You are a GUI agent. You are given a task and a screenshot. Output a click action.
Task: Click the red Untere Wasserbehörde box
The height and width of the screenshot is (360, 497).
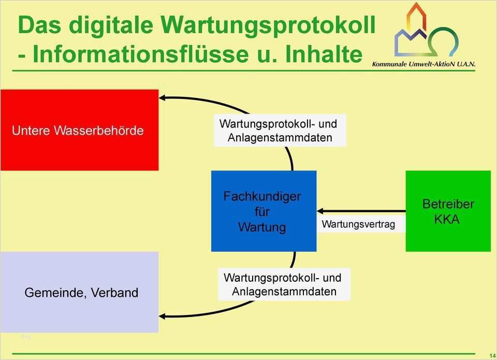pos(79,130)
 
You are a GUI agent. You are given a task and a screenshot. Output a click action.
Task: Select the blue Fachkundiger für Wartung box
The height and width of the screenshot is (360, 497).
pos(264,211)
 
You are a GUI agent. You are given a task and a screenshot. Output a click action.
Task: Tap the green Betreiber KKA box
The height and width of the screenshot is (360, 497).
pos(448,211)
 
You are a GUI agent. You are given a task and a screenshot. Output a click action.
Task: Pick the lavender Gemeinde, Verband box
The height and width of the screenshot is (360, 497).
pos(79,292)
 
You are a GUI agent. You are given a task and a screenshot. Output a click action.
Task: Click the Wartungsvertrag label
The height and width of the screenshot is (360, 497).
pos(358,224)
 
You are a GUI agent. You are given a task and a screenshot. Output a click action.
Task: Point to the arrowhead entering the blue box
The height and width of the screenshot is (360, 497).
pos(320,211)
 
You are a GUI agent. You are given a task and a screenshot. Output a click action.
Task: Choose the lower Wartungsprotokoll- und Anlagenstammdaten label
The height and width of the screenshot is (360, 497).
pos(283,285)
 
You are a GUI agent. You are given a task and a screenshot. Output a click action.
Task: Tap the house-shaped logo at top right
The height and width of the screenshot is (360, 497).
pos(426,31)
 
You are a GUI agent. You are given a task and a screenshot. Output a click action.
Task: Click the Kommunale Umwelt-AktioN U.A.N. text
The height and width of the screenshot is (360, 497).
pos(423,64)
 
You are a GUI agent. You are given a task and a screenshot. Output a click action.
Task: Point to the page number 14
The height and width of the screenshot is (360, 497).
pos(491,354)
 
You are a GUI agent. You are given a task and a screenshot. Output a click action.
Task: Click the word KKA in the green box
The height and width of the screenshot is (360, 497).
pos(447,219)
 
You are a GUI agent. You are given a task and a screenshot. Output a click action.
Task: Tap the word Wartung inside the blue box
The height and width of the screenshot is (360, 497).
pos(262,227)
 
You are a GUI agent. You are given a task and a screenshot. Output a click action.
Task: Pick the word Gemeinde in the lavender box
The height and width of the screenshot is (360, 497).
pos(55,293)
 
